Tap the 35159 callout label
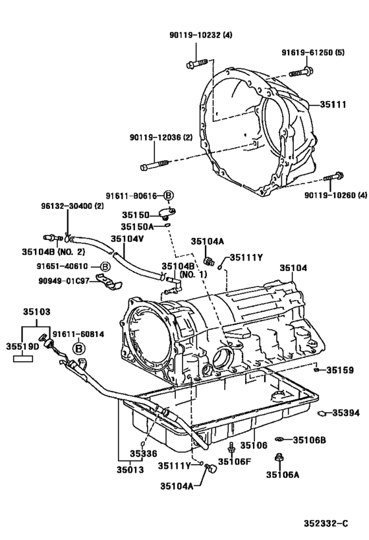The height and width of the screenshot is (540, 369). tap(340, 370)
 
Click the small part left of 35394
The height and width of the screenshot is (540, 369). tap(322, 413)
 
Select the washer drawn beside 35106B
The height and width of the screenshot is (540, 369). tap(280, 439)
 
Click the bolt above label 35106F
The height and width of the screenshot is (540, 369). tap(231, 450)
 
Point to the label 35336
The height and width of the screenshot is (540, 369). tap(142, 454)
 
